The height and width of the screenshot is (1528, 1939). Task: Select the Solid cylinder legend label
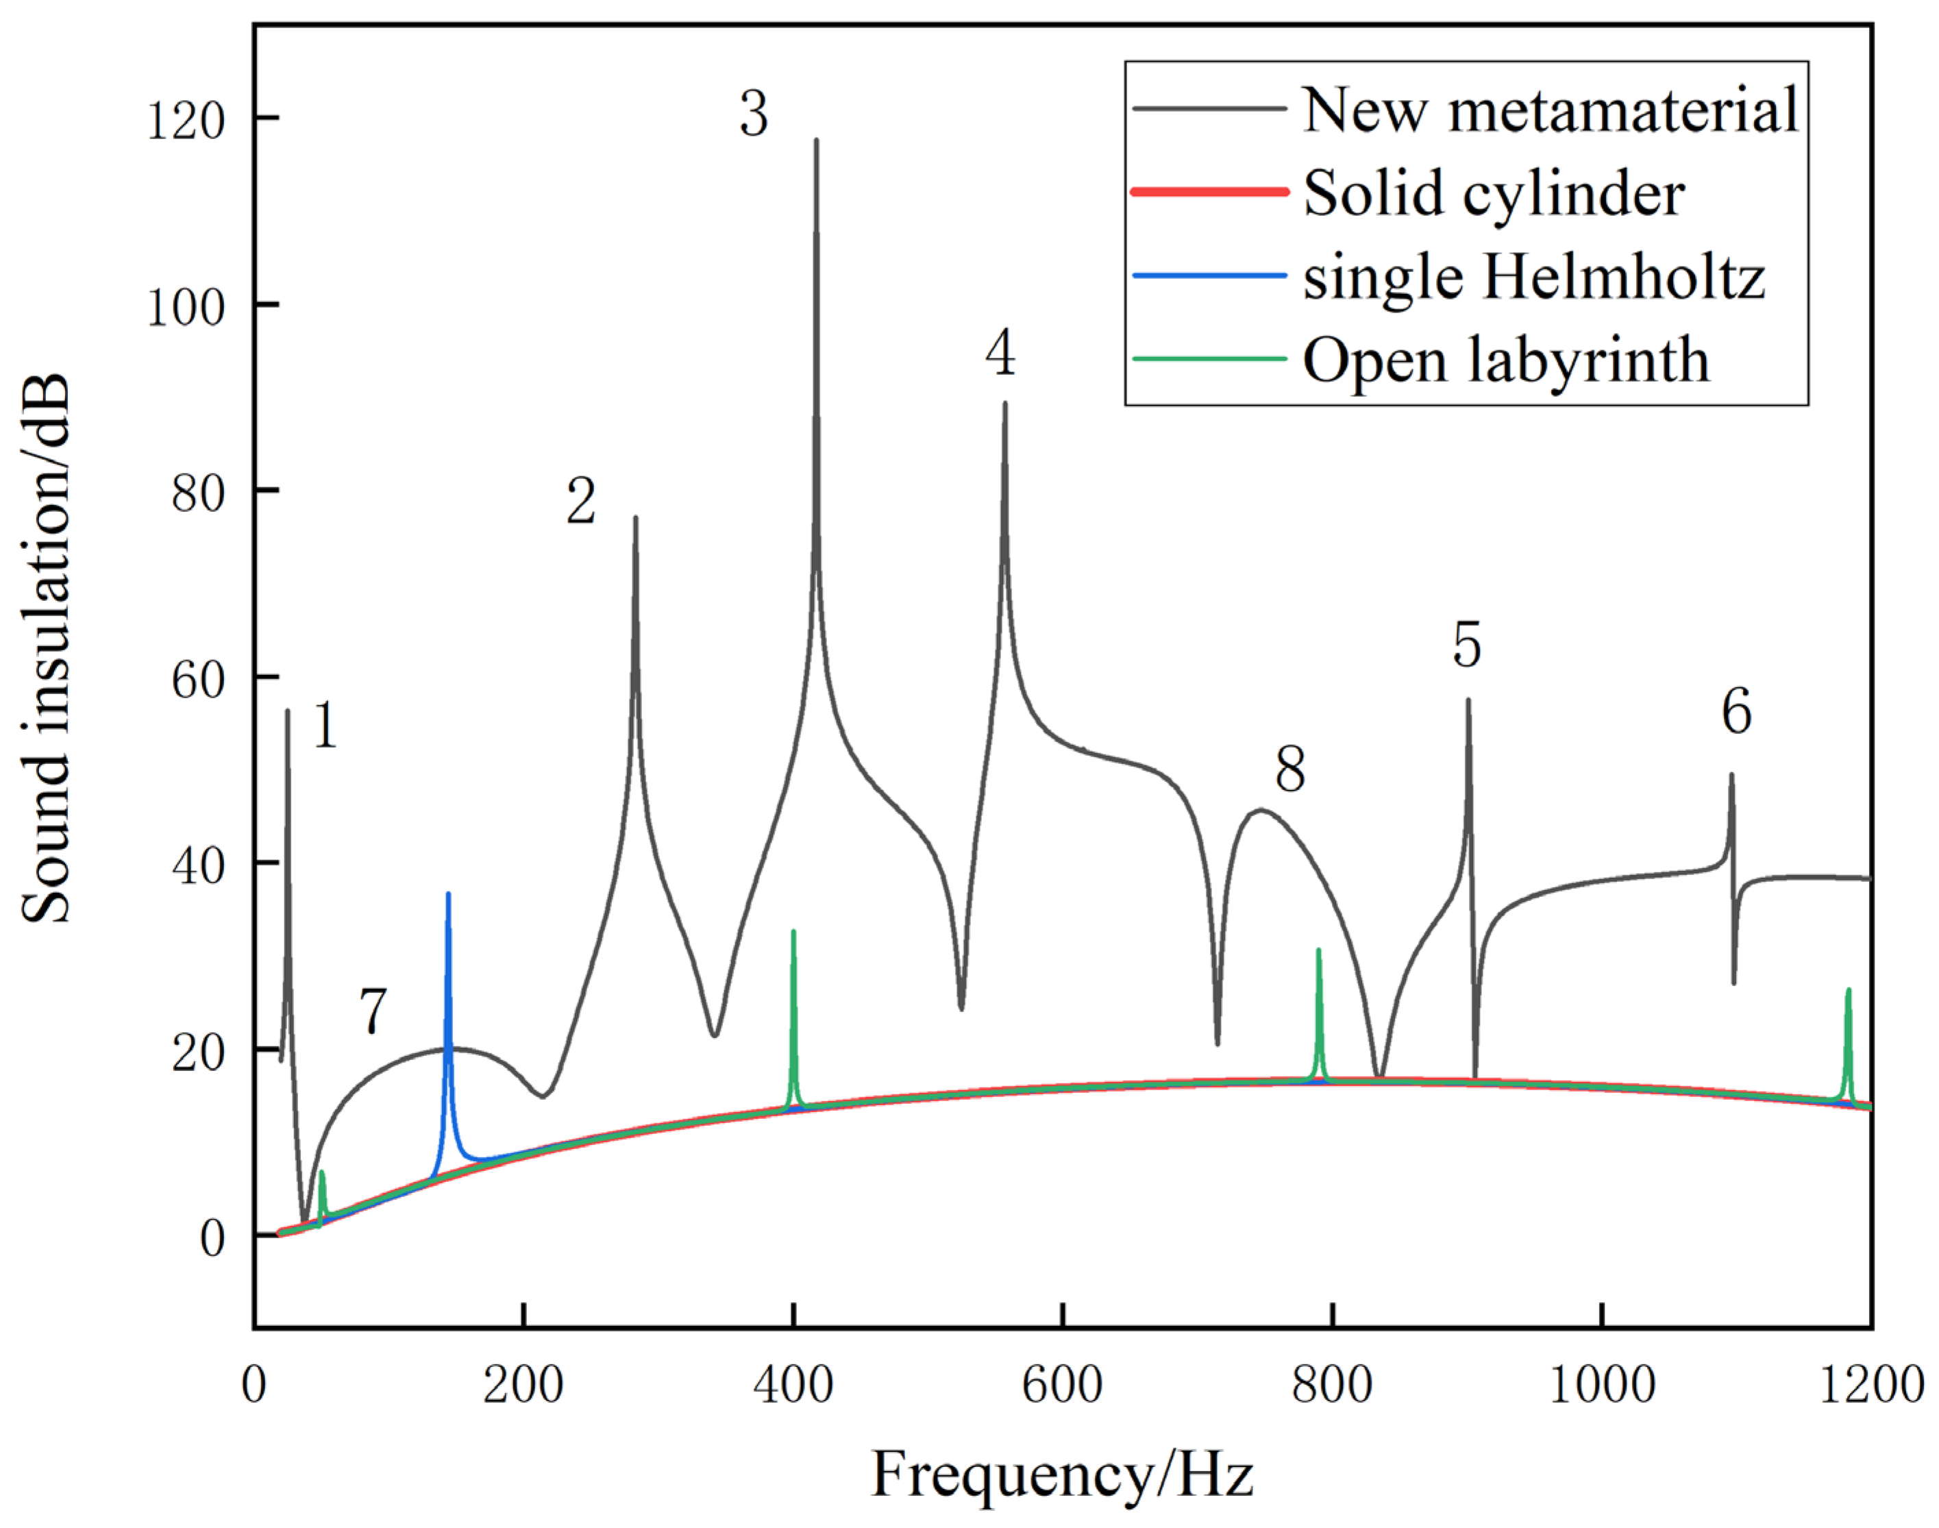1494,193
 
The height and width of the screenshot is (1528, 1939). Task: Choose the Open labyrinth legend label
1506,360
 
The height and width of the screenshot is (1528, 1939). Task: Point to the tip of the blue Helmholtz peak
448,894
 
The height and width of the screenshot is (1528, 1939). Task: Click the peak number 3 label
754,114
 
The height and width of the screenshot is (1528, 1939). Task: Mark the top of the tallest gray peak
815,140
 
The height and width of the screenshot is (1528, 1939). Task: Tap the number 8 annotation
1289,769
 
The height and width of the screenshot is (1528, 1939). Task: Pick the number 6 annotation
1736,712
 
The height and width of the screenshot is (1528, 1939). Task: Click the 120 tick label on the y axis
186,120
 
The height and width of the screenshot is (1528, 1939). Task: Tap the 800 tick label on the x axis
1332,1385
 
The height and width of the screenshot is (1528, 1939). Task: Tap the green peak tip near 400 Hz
793,931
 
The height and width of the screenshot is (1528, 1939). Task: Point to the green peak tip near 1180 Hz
1848,989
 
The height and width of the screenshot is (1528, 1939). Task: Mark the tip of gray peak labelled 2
635,517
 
